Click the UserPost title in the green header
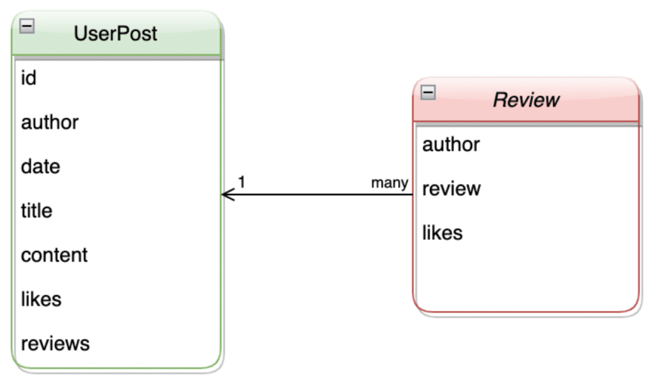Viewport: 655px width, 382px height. [115, 34]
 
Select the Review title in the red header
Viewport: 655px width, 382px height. [526, 100]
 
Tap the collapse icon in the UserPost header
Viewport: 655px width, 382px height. [28, 26]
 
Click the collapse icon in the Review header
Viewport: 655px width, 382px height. [428, 93]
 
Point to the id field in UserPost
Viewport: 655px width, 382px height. [29, 78]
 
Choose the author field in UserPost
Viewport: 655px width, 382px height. [50, 122]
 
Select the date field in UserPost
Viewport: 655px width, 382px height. [40, 166]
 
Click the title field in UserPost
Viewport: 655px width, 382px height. [36, 211]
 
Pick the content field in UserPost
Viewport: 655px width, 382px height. [54, 255]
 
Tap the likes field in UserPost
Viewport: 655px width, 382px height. [41, 299]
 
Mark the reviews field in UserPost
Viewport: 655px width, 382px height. [55, 343]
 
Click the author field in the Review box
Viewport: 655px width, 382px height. [451, 145]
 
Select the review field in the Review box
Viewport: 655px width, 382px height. [451, 189]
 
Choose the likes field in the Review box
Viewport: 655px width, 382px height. [442, 233]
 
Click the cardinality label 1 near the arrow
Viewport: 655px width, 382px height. [242, 182]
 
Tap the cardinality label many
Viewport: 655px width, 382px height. [390, 183]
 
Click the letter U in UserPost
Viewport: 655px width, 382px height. [81, 34]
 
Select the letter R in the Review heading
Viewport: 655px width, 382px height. [500, 100]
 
